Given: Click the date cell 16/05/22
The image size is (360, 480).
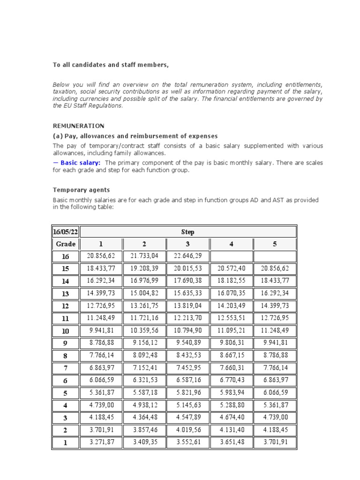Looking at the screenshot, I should click(66, 232).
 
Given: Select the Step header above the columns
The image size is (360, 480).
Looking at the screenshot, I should click(187, 232).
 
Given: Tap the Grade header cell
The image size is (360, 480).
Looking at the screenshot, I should click(66, 244).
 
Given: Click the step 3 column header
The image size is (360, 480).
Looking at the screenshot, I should click(187, 244).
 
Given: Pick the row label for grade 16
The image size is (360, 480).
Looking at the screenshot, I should click(66, 256).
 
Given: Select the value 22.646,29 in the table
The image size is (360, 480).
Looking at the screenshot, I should click(187, 256).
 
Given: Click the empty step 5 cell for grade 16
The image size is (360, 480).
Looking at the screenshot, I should click(275, 256).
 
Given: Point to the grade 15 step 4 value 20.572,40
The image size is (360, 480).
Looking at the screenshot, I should click(232, 269).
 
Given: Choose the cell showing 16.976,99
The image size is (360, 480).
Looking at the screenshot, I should click(144, 281).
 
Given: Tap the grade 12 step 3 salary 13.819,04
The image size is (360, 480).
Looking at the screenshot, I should click(187, 306).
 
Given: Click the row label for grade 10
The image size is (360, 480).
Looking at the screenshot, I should click(66, 330).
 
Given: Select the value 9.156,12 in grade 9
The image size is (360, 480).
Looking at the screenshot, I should click(144, 343).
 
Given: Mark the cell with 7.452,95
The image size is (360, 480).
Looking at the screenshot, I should click(187, 367).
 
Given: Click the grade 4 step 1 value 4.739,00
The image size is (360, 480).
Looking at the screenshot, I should click(101, 405).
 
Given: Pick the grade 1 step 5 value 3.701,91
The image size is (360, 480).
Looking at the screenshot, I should click(275, 442).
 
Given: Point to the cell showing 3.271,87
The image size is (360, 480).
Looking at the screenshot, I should click(101, 442).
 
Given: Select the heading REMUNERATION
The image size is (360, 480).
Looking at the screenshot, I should click(78, 126).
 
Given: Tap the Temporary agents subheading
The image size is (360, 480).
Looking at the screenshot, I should click(81, 190).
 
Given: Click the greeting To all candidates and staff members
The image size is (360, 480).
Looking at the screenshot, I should click(110, 65).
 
